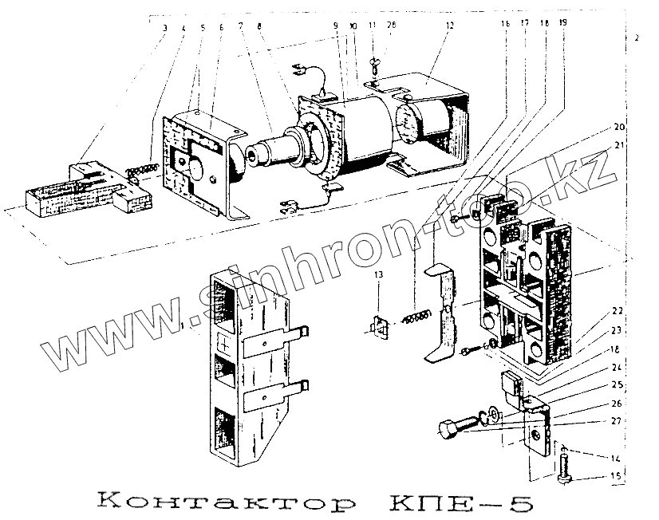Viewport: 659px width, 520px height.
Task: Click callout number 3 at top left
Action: click(164, 28)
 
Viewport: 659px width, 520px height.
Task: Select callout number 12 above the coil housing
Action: click(449, 26)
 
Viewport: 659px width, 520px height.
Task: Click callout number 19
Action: click(564, 25)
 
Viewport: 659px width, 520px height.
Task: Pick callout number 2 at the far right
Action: click(636, 37)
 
